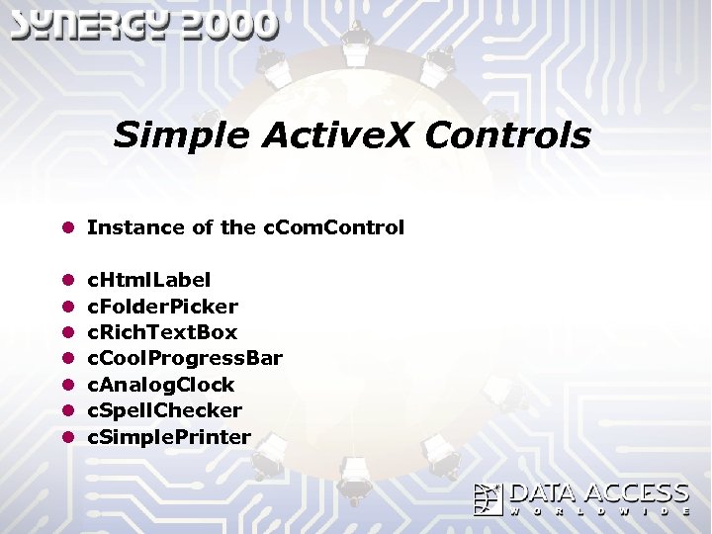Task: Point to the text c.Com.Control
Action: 333,227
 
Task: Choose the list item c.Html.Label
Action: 149,280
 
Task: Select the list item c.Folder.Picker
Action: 163,307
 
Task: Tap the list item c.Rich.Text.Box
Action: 163,332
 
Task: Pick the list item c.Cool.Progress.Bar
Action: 185,358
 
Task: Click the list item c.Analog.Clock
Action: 161,384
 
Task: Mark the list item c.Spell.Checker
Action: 165,409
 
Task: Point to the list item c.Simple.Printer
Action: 169,436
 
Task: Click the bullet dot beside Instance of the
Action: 68,227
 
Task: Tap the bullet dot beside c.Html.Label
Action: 68,281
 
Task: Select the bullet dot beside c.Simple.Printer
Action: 68,436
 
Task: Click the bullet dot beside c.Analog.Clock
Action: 68,385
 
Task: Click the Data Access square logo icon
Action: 489,499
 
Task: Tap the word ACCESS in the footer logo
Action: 636,493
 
